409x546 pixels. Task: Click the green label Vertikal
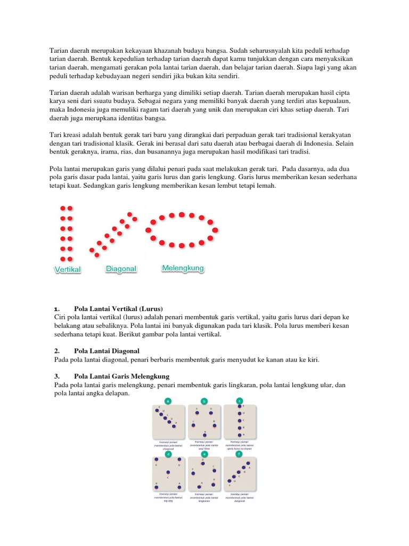pyautogui.click(x=68, y=270)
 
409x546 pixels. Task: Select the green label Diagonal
pyautogui.click(x=121, y=269)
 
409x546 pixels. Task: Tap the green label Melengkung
pyautogui.click(x=183, y=268)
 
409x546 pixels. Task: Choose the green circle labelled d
pyautogui.click(x=168, y=454)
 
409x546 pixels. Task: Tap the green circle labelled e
pyautogui.click(x=204, y=454)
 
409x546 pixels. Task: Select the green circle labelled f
pyautogui.click(x=240, y=454)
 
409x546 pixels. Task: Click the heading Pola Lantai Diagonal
pyautogui.click(x=107, y=351)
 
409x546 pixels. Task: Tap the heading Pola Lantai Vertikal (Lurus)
pyautogui.click(x=118, y=309)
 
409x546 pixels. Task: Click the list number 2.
pyautogui.click(x=56, y=351)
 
